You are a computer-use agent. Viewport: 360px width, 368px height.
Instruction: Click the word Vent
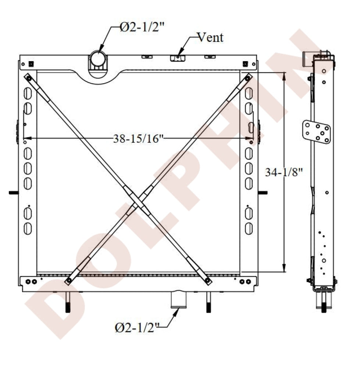click(210, 37)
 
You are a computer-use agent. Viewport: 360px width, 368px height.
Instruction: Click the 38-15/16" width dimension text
click(138, 139)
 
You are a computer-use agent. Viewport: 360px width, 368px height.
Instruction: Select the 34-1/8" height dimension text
click(284, 172)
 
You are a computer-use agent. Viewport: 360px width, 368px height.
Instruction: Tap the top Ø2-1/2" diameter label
click(142, 28)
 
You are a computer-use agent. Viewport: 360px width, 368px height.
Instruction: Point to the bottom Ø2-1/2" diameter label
click(137, 327)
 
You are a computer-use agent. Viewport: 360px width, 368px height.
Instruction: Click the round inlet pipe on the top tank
click(98, 58)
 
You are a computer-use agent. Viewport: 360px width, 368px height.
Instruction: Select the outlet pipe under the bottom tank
click(179, 300)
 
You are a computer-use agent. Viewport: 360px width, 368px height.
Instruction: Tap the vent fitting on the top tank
click(178, 58)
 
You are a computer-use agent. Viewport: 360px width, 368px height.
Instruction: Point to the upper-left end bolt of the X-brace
click(29, 78)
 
